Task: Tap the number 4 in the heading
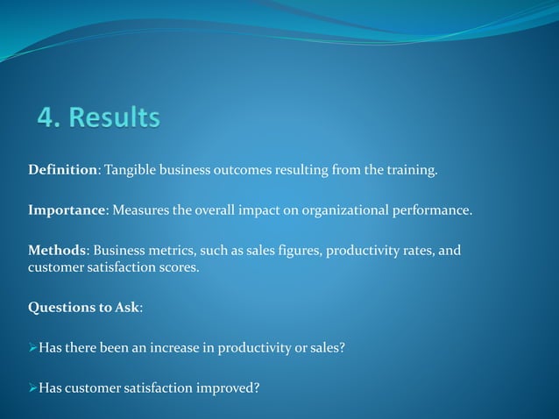(x=44, y=117)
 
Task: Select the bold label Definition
(x=62, y=169)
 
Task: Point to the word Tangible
(x=131, y=169)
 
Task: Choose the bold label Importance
(x=67, y=211)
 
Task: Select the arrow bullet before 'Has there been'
(x=33, y=348)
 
